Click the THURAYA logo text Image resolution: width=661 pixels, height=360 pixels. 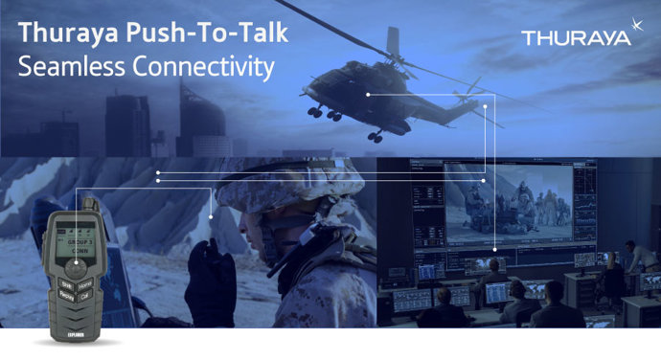tap(576, 38)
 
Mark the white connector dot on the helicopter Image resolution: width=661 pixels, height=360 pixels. tap(368, 94)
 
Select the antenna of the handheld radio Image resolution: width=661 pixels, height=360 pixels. tap(86, 206)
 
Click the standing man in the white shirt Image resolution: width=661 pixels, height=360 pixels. tap(637, 256)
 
